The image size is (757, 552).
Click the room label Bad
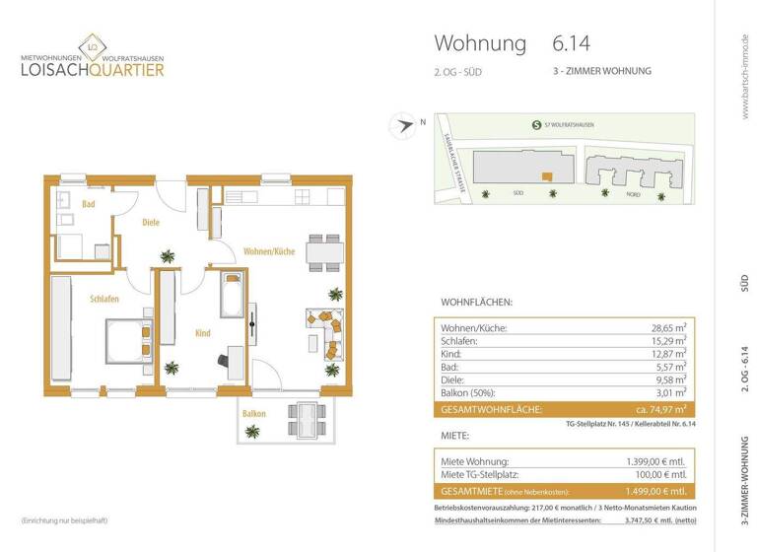(89, 204)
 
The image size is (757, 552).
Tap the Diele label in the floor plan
(151, 223)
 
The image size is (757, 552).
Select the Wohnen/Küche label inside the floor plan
(269, 251)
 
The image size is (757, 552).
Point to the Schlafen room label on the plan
(104, 299)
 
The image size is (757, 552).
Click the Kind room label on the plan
(202, 333)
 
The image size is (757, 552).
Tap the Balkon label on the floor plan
(254, 413)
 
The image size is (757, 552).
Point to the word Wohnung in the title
(479, 43)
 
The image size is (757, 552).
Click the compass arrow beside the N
(403, 125)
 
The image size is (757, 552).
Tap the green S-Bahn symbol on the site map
(534, 124)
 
